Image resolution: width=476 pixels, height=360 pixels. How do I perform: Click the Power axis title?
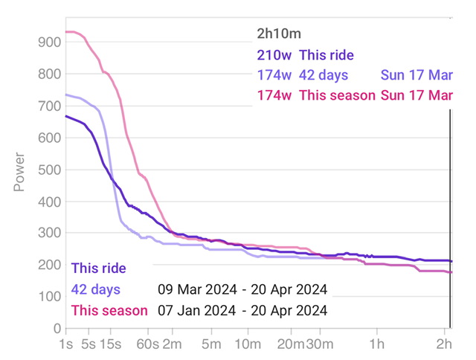pos(20,172)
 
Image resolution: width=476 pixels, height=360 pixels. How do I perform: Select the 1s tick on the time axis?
pos(66,344)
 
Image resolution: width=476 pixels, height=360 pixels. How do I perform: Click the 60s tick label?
pos(148,344)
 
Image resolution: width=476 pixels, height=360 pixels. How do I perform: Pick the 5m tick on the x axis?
pos(212,344)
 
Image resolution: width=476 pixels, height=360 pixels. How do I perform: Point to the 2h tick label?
pos(444,344)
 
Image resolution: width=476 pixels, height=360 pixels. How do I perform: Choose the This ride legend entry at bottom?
pos(98,269)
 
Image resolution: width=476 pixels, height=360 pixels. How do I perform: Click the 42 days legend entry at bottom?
pos(95,289)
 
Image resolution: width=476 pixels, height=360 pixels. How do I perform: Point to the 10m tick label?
pos(247,344)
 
